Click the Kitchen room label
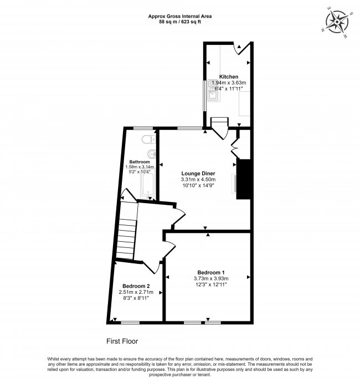click(228, 77)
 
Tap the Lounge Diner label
click(198, 173)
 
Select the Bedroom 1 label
click(211, 272)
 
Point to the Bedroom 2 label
click(136, 286)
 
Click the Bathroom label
click(140, 162)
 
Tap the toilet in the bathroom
click(148, 139)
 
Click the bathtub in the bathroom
click(148, 183)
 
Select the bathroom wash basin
click(152, 154)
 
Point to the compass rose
click(337, 22)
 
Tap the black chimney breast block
click(243, 179)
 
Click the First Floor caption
click(122, 341)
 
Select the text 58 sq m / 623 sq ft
click(180, 22)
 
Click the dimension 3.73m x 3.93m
click(211, 278)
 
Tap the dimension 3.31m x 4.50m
click(198, 179)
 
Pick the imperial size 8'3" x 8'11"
click(136, 298)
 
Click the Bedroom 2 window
click(130, 323)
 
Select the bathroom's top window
click(143, 128)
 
